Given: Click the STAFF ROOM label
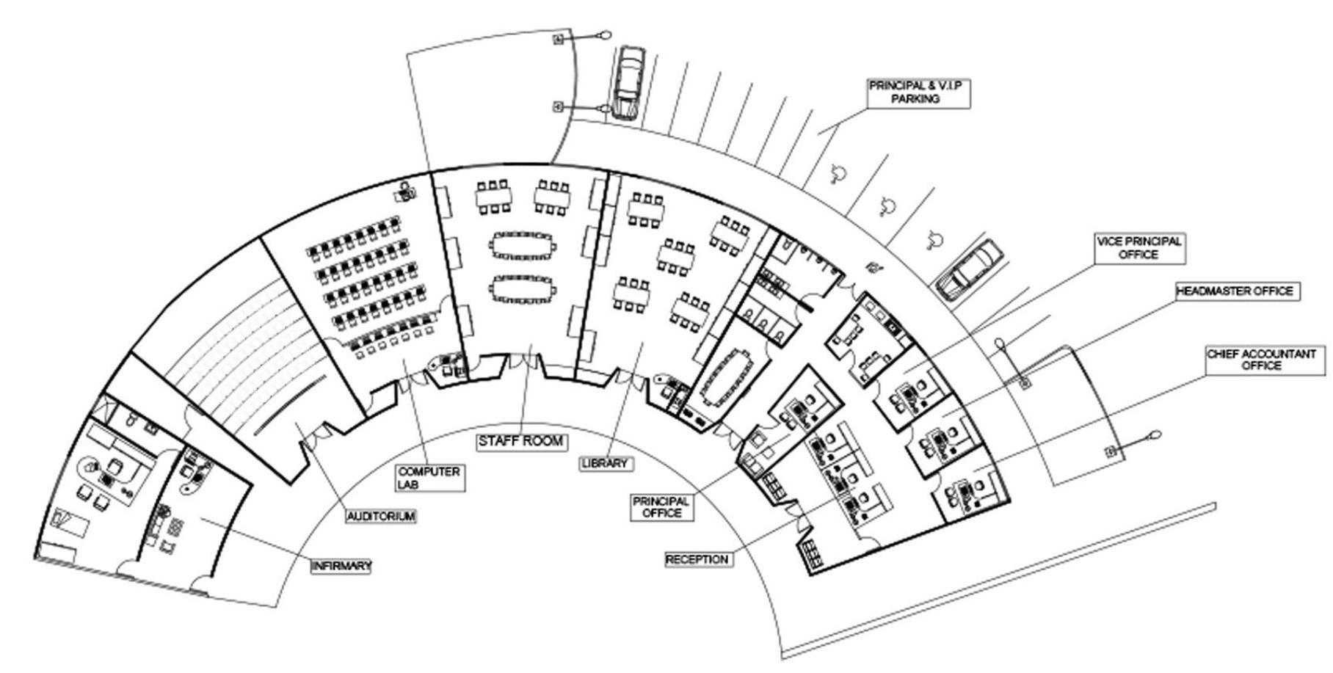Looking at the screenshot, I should pyautogui.click(x=521, y=441).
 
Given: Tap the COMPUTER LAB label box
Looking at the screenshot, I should pyautogui.click(x=429, y=478).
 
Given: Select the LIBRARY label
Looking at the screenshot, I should pyautogui.click(x=606, y=464).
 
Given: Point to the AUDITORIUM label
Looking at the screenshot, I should pyautogui.click(x=381, y=516).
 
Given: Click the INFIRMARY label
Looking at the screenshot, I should pyautogui.click(x=341, y=566).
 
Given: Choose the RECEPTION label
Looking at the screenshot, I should pyautogui.click(x=697, y=559).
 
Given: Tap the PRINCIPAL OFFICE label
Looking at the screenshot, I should pyautogui.click(x=661, y=507).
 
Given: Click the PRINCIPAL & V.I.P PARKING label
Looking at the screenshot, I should pyautogui.click(x=919, y=92).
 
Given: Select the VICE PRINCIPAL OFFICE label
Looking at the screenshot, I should pyautogui.click(x=1139, y=248).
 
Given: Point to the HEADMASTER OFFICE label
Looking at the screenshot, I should pyautogui.click(x=1235, y=291).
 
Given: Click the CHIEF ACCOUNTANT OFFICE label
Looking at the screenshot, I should pyautogui.click(x=1261, y=360).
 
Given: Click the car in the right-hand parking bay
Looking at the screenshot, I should pyautogui.click(x=969, y=270).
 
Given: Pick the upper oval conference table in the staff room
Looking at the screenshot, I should pyautogui.click(x=523, y=244).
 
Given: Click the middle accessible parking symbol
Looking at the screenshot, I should pyautogui.click(x=887, y=206).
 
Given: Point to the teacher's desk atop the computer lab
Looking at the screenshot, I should pyautogui.click(x=405, y=192).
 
